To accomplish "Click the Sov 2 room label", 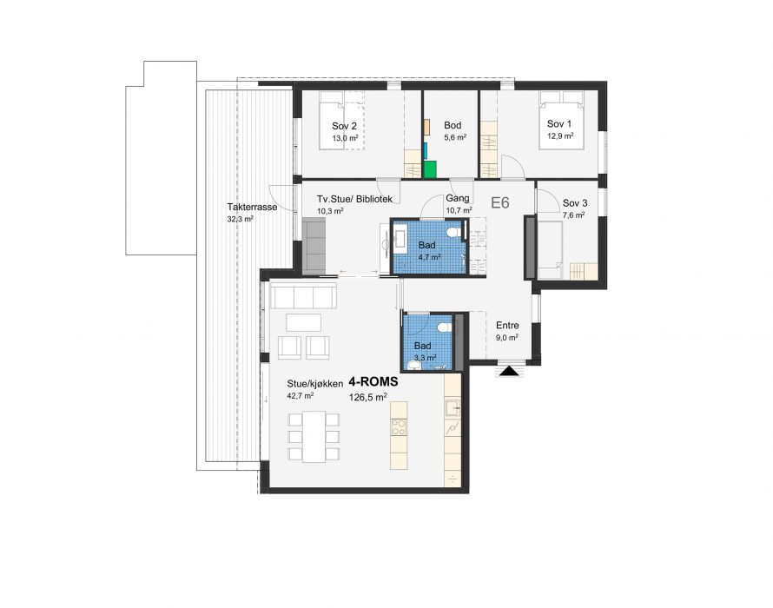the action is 344,127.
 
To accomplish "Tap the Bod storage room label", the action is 453,125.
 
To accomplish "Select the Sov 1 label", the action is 559,123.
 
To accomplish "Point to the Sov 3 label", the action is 575,203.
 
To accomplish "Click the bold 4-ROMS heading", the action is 373,381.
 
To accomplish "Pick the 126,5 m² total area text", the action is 367,397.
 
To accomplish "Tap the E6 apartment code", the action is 500,202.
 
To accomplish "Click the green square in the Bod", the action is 430,169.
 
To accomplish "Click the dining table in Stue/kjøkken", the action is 314,436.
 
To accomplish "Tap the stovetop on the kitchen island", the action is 399,427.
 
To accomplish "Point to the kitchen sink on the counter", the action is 453,407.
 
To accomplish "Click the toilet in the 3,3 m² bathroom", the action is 445,327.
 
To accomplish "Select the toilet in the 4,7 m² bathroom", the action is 454,232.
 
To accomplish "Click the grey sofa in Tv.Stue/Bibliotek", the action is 314,246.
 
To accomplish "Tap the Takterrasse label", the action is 252,207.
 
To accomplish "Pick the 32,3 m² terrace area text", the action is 240,219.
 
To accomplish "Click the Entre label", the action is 507,326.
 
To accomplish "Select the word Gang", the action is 458,198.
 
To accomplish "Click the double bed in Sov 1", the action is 562,120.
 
